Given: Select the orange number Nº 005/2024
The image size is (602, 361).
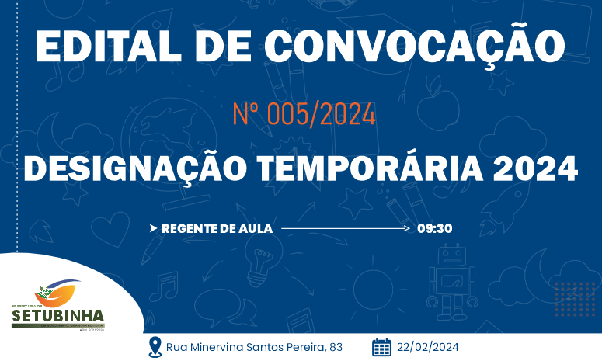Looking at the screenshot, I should [304, 115].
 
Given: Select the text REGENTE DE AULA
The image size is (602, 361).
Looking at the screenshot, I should [217, 228].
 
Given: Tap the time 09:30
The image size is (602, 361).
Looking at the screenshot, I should [434, 228].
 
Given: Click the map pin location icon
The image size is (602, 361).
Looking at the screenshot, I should [155, 346].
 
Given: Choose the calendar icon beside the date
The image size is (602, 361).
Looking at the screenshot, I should [381, 346].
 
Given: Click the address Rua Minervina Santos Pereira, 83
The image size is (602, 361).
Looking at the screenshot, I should [254, 346].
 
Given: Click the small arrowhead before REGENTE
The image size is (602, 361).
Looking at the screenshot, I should [154, 228].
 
